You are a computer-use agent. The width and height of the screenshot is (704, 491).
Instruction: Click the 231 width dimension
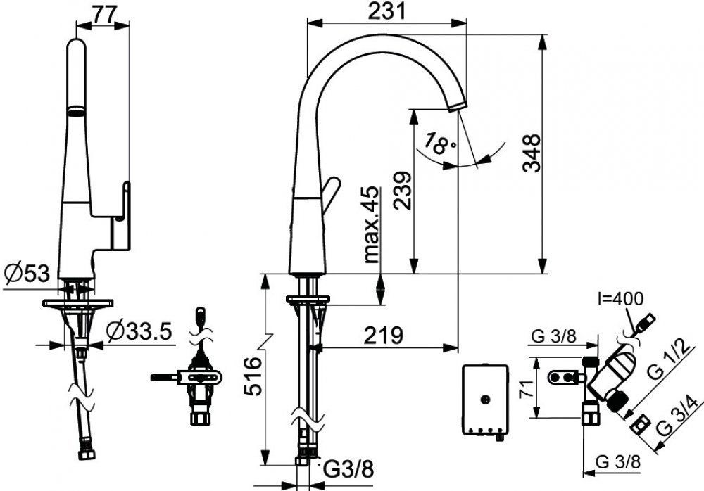(x=386, y=11)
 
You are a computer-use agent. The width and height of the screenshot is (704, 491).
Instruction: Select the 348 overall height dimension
(x=532, y=153)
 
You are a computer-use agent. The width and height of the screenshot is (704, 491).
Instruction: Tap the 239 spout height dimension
(x=402, y=190)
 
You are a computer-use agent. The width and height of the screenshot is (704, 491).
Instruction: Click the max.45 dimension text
(x=372, y=224)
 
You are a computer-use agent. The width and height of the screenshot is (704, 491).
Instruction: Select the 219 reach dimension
(x=384, y=336)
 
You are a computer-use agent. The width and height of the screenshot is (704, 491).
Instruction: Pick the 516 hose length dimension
(x=253, y=376)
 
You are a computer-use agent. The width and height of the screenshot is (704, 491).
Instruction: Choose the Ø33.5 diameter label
(x=139, y=332)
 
